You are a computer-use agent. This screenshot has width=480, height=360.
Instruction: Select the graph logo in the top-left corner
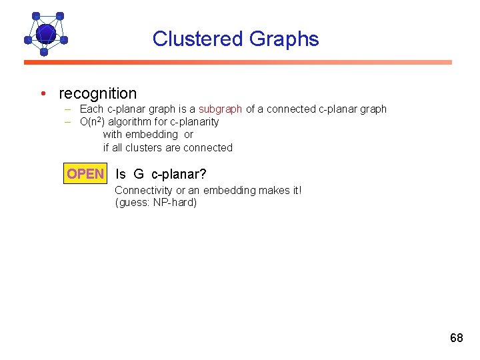click(45, 33)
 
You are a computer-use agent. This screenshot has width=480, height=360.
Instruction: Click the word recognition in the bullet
click(97, 93)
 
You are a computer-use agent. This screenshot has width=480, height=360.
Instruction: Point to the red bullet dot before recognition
click(42, 93)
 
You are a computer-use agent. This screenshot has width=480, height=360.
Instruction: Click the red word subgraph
click(221, 109)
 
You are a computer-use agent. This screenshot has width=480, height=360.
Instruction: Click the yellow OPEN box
click(85, 174)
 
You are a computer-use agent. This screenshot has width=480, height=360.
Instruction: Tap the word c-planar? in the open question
click(179, 174)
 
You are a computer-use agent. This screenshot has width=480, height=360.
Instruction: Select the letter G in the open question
click(138, 174)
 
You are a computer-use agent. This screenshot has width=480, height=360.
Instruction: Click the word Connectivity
click(144, 190)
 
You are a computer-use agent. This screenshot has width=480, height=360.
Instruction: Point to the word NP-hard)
click(175, 202)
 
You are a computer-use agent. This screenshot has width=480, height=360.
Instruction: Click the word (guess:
click(132, 202)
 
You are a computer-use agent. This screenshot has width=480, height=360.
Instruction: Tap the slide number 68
click(456, 337)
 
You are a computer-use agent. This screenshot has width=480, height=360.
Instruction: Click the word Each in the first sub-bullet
click(91, 109)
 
